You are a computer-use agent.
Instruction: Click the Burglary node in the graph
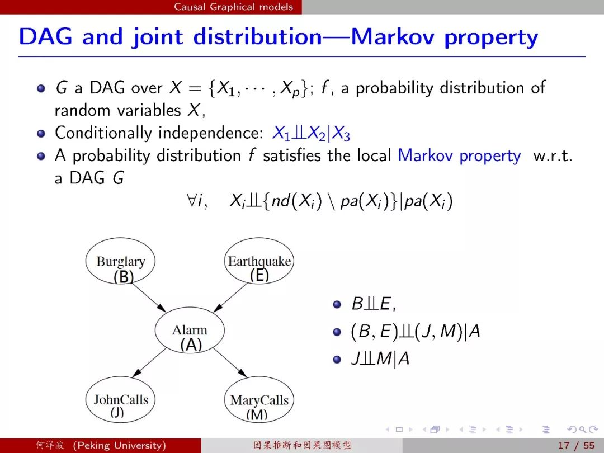[120, 261]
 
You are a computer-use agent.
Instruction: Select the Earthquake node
[259, 261]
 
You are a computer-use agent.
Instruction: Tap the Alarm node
[190, 330]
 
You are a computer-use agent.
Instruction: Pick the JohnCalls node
[120, 399]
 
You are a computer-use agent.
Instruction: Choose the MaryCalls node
[259, 399]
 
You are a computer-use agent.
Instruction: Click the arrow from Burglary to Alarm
[148, 296]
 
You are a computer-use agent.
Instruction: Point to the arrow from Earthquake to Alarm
[230, 297]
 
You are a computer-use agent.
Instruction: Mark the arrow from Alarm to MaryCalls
[230, 362]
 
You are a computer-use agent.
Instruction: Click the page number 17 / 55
[576, 446]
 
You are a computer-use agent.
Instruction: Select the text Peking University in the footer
[119, 445]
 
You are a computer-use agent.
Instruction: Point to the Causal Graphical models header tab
[233, 7]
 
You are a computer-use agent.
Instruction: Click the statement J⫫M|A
[380, 359]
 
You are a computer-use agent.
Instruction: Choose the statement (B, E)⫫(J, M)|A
[415, 331]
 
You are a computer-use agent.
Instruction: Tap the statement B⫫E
[374, 304]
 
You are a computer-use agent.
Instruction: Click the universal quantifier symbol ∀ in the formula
[191, 200]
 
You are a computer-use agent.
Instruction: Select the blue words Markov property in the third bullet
[459, 155]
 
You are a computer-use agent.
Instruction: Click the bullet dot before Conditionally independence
[41, 134]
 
